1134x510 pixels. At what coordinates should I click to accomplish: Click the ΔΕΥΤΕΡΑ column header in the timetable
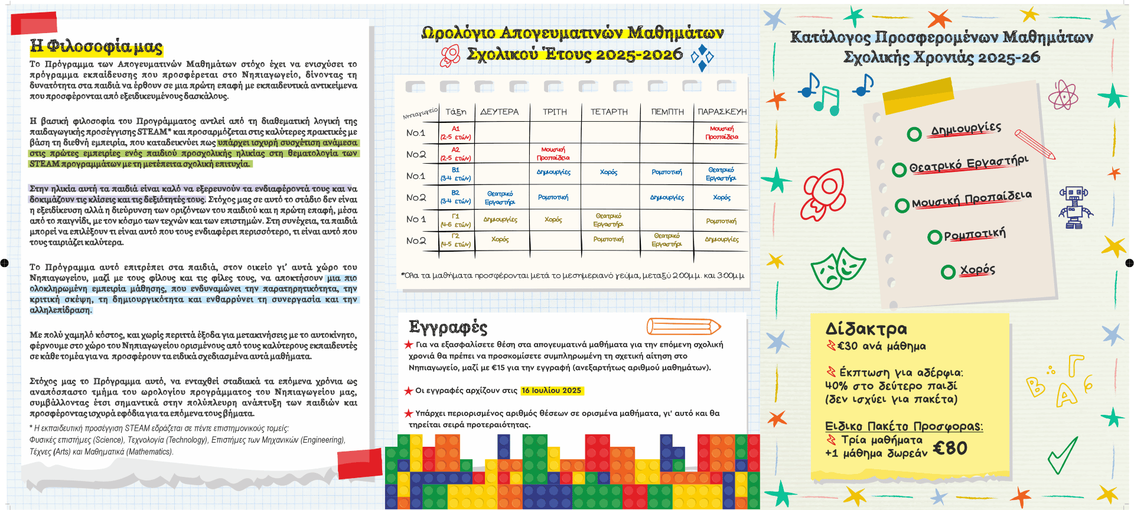tap(499, 112)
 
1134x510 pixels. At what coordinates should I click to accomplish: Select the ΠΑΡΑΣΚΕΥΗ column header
tap(722, 112)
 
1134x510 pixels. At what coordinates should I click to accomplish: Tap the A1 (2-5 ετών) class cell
tap(455, 133)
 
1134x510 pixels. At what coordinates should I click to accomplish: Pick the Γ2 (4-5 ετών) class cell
tap(455, 240)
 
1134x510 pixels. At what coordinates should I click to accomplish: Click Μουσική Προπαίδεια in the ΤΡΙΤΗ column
tap(553, 154)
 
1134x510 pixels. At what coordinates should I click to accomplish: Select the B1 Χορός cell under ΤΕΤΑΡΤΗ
tap(608, 173)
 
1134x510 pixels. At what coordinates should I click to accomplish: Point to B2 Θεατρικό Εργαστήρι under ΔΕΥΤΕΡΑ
tap(500, 198)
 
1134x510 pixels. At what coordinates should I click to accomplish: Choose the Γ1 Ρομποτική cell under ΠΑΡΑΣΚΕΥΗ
tap(721, 221)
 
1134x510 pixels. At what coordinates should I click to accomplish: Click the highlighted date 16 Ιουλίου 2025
tap(552, 391)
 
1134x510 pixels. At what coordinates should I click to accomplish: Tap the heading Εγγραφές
tap(448, 327)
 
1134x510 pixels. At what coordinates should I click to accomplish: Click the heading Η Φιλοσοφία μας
tap(96, 46)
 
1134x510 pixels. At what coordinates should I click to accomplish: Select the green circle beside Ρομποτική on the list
tap(934, 238)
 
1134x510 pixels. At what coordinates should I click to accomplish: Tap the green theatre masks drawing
tap(837, 268)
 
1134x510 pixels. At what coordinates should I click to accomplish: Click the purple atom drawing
tap(1063, 94)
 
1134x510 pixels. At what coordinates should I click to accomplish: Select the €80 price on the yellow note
tap(950, 449)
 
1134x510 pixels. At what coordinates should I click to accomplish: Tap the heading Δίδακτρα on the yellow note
tap(866, 329)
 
